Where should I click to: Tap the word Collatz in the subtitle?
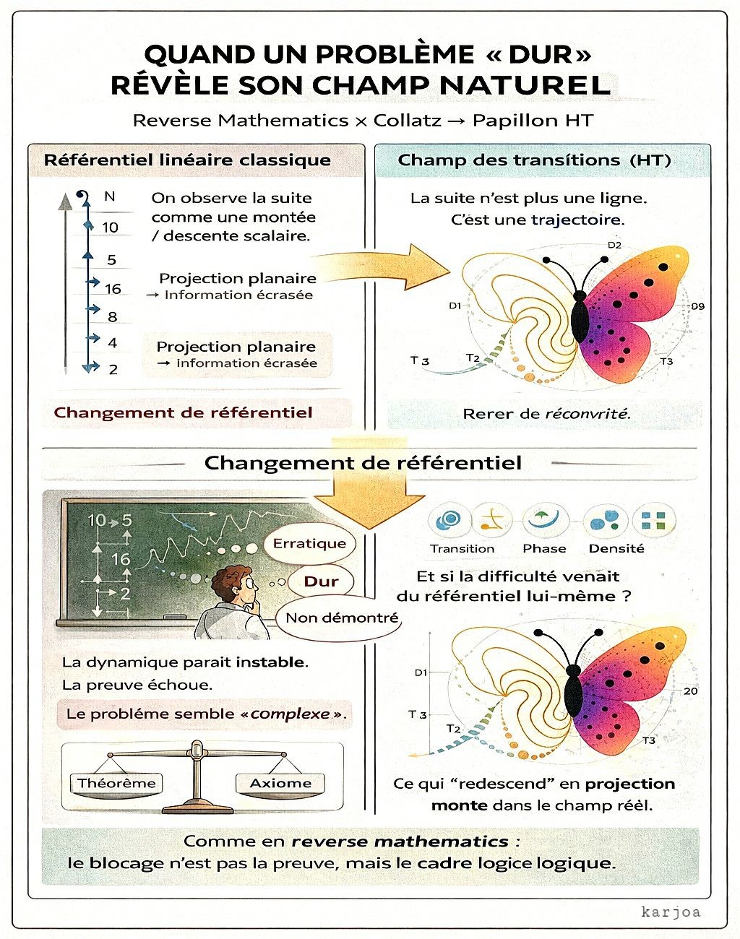(x=407, y=121)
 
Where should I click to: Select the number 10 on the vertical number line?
(x=110, y=228)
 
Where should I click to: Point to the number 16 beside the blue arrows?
(x=113, y=289)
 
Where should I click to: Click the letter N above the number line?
(x=110, y=196)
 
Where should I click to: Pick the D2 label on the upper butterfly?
(x=614, y=245)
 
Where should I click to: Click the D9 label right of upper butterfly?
(x=697, y=306)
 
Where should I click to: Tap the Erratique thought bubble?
(x=309, y=543)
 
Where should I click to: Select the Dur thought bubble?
(x=321, y=581)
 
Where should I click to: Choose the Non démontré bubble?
(x=341, y=618)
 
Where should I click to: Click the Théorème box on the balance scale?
(x=116, y=783)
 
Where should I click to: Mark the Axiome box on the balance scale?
(x=280, y=783)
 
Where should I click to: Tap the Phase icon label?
(x=544, y=548)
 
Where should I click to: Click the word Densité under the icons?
(x=616, y=548)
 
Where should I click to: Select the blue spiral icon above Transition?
(x=449, y=519)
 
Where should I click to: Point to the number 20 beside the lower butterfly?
(x=691, y=691)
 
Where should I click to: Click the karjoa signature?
(x=671, y=912)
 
